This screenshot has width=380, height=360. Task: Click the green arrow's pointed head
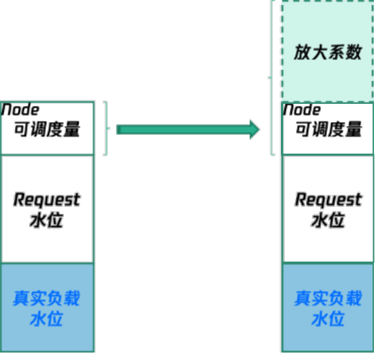coord(259,129)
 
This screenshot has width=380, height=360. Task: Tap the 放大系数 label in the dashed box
coord(328,52)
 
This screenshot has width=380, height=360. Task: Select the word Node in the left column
coord(20,110)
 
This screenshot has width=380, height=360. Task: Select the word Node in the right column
coord(302,110)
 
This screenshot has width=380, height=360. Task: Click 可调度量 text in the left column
coord(47,129)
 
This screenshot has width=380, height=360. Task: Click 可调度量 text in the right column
coord(329,129)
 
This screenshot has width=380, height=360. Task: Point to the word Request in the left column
coord(46,200)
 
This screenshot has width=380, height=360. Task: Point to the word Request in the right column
coord(328,200)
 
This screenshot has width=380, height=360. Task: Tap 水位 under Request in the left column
coord(46,220)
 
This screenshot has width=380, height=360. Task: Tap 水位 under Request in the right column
coord(328,220)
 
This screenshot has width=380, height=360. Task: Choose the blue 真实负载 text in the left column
coord(46,298)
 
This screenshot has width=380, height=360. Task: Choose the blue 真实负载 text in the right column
coord(328,298)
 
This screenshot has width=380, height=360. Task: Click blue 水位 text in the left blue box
coord(46,319)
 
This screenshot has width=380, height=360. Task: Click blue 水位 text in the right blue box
coord(328,319)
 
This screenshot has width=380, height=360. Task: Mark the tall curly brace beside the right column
coord(272,78)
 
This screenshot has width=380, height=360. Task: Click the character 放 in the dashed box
coord(303,52)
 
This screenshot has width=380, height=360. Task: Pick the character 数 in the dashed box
coord(354,52)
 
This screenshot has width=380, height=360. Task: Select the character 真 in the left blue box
coord(21,298)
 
